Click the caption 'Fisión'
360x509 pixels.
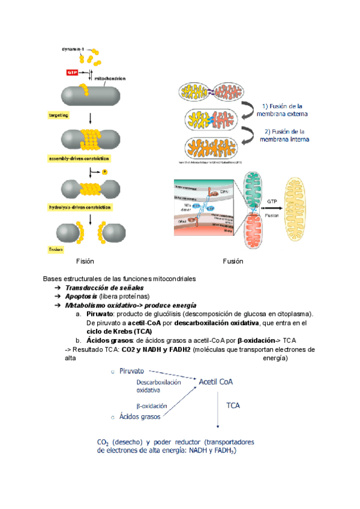tap(85, 261)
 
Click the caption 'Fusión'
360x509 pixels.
tap(232, 261)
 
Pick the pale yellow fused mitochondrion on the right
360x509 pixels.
tap(301, 203)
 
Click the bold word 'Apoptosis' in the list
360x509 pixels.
tap(82, 297)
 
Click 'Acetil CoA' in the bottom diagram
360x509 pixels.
tap(217, 380)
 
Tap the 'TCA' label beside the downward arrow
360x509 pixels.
tap(233, 406)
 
